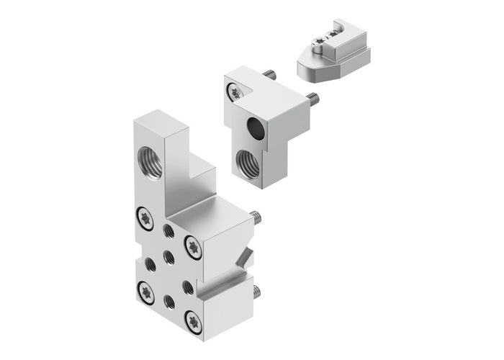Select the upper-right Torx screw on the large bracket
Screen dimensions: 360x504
click(194, 245)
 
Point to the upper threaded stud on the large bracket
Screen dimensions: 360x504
click(256, 217)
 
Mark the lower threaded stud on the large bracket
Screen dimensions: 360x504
click(256, 292)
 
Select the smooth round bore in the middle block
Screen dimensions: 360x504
click(255, 129)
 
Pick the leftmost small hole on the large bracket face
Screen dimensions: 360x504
click(150, 264)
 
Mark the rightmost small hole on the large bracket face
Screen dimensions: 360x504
click(188, 287)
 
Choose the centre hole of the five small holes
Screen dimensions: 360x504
click(168, 256)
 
